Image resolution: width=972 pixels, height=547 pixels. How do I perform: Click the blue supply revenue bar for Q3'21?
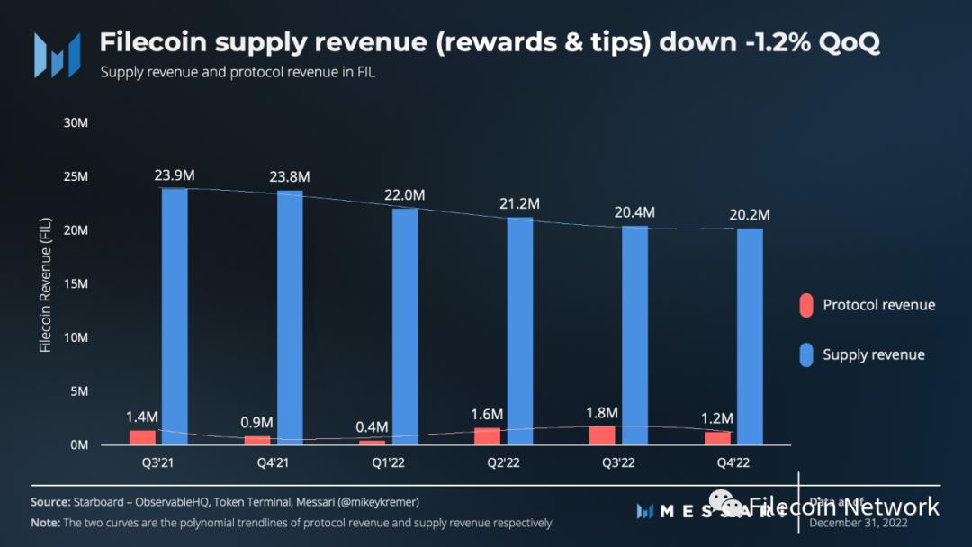175,316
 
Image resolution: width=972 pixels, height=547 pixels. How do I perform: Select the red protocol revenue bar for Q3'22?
603,435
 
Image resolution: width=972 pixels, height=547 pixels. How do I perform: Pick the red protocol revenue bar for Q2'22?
487,435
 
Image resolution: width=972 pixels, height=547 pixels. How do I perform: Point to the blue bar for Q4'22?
750,336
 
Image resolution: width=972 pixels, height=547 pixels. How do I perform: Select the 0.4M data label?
372,426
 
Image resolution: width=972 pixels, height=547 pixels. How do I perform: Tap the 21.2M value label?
520,204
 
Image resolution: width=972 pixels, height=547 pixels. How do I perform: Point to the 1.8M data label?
602,412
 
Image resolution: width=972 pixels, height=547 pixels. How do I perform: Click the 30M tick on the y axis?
76,122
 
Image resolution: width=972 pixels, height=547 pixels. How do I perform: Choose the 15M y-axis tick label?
76,284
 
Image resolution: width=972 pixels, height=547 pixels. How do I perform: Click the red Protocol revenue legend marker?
806,305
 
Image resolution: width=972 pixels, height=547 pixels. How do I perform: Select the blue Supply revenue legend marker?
806,354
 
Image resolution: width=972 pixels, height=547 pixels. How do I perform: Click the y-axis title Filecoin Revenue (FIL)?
45,284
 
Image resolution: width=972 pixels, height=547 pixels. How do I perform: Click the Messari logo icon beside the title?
57,55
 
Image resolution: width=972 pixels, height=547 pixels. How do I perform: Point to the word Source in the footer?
50,502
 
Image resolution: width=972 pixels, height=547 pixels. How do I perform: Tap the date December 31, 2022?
859,523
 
